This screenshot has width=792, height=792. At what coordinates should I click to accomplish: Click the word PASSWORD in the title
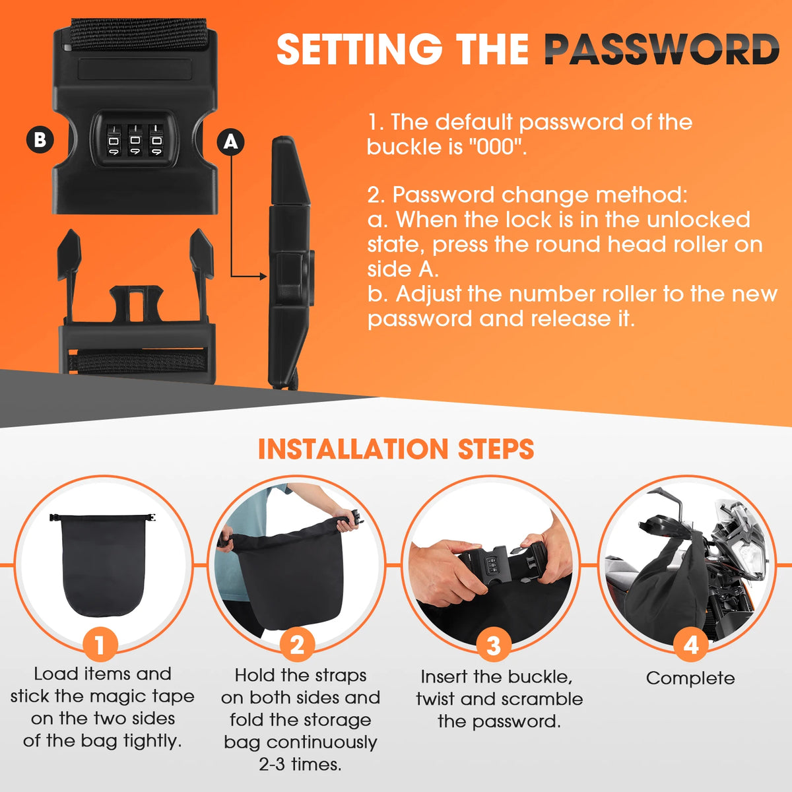point(662,49)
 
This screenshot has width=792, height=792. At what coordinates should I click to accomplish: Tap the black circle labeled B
point(40,140)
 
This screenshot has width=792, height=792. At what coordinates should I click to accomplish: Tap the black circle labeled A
point(230,142)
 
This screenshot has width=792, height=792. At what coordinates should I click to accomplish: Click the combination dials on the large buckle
point(135,140)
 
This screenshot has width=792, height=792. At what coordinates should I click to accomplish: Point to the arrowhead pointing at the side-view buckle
point(263,276)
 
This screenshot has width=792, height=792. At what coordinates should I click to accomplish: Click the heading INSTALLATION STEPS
point(396,449)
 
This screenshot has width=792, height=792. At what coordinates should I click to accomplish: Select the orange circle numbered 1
point(100,645)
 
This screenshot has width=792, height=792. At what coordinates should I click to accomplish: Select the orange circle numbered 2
point(297,645)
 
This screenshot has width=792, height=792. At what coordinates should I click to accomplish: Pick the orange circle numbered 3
point(494,645)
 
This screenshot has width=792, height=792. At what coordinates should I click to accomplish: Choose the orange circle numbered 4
point(691,645)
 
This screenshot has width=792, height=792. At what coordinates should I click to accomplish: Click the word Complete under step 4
point(690,678)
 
